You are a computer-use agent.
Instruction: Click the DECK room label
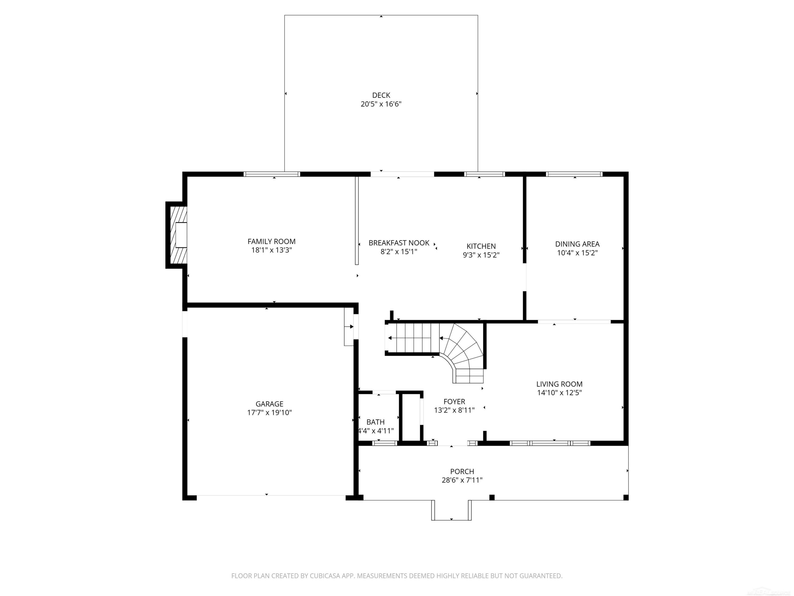[x=381, y=95]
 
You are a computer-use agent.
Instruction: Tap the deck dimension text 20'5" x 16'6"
[x=381, y=104]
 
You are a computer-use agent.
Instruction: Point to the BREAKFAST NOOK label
[x=399, y=243]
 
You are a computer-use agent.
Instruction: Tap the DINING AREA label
[x=577, y=244]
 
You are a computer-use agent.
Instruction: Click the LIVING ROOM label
[x=559, y=384]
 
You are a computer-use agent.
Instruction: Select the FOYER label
[x=454, y=402]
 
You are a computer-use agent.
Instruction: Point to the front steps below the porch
[x=451, y=510]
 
